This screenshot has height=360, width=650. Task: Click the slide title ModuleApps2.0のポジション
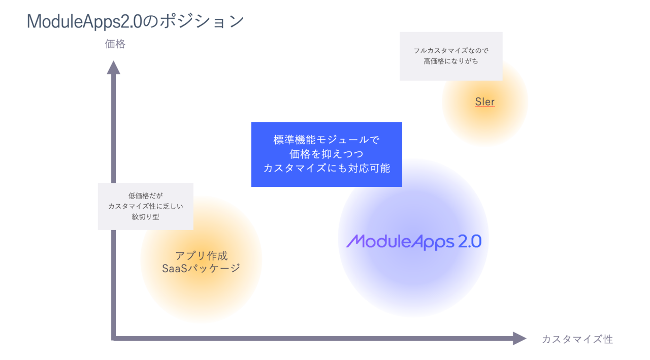click(135, 21)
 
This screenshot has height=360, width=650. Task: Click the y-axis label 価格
click(115, 44)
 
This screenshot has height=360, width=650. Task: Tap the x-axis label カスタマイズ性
click(577, 339)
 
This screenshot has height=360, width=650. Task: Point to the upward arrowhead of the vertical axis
click(113, 67)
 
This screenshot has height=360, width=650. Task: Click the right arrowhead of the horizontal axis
click(519, 338)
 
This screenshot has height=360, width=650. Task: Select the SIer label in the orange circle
click(485, 102)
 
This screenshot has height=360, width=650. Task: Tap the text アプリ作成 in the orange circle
click(201, 255)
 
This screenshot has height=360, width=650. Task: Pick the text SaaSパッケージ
click(201, 269)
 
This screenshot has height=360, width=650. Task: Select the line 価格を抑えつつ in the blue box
click(327, 154)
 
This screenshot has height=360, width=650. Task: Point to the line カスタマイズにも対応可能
click(327, 168)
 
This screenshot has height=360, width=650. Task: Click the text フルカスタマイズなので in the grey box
click(451, 51)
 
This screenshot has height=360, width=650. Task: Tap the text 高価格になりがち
click(451, 61)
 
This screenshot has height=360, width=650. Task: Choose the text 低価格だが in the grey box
click(145, 195)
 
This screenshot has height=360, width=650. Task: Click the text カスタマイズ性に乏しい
click(145, 206)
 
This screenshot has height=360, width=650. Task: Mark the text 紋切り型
click(145, 217)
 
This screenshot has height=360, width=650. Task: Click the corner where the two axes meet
click(113, 338)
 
